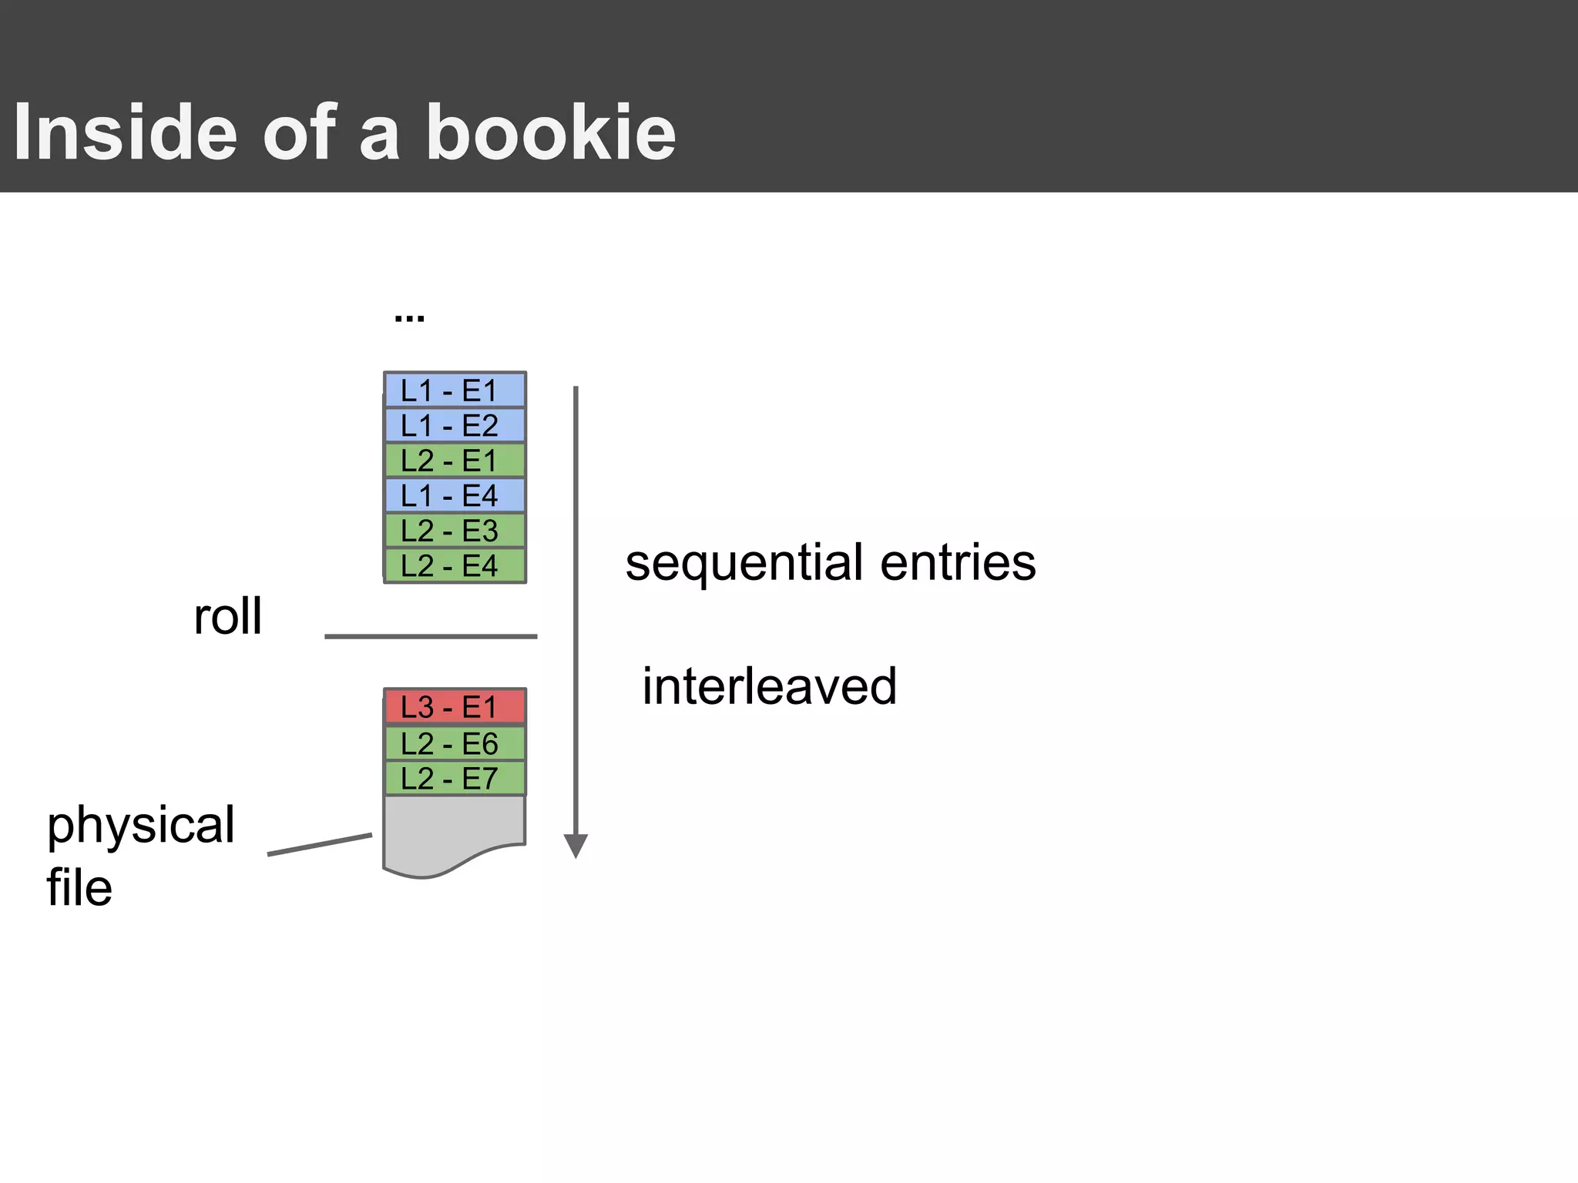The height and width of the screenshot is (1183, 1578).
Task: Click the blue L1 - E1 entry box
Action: coord(455,390)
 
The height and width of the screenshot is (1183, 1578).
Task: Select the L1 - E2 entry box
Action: coord(455,425)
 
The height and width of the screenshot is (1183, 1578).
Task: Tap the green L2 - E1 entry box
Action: coord(455,461)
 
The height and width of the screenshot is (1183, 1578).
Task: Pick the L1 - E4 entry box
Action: coord(455,495)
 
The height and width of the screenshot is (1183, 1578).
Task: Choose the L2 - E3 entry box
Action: coord(455,531)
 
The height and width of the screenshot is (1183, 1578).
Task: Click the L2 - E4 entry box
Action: coord(455,566)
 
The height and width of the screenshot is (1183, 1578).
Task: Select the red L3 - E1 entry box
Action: coord(455,707)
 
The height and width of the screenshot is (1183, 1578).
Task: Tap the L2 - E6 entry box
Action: coord(455,743)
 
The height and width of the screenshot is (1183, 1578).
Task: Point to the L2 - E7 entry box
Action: coord(455,779)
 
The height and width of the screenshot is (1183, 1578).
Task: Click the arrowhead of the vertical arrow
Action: coord(576,846)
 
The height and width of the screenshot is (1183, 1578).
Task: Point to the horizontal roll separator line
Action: coord(431,637)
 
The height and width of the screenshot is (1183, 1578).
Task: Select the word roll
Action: coord(227,616)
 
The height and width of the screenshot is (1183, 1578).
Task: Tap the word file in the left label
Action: coord(79,887)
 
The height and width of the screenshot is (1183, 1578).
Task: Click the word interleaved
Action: coord(769,685)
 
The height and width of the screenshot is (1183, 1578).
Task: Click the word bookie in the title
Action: coord(550,132)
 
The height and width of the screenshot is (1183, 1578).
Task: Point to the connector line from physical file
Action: coord(320,844)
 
